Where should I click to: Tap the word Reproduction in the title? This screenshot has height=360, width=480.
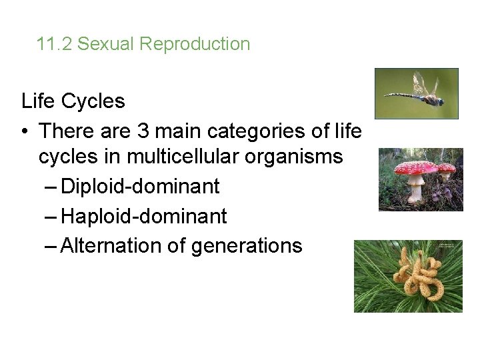point(195,45)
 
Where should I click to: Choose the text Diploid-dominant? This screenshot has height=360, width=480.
point(139,187)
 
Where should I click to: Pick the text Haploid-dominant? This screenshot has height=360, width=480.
point(143,216)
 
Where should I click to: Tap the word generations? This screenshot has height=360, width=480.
point(247,245)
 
